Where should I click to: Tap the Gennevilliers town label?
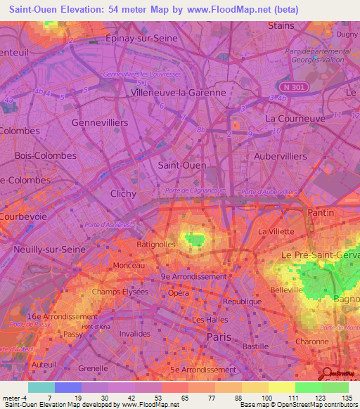pyautogui.click(x=100, y=122)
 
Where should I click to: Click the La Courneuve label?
pyautogui.click(x=295, y=119)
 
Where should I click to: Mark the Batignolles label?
pyautogui.click(x=157, y=245)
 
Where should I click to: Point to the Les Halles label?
pyautogui.click(x=209, y=320)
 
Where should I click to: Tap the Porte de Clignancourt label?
pyautogui.click(x=194, y=190)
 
